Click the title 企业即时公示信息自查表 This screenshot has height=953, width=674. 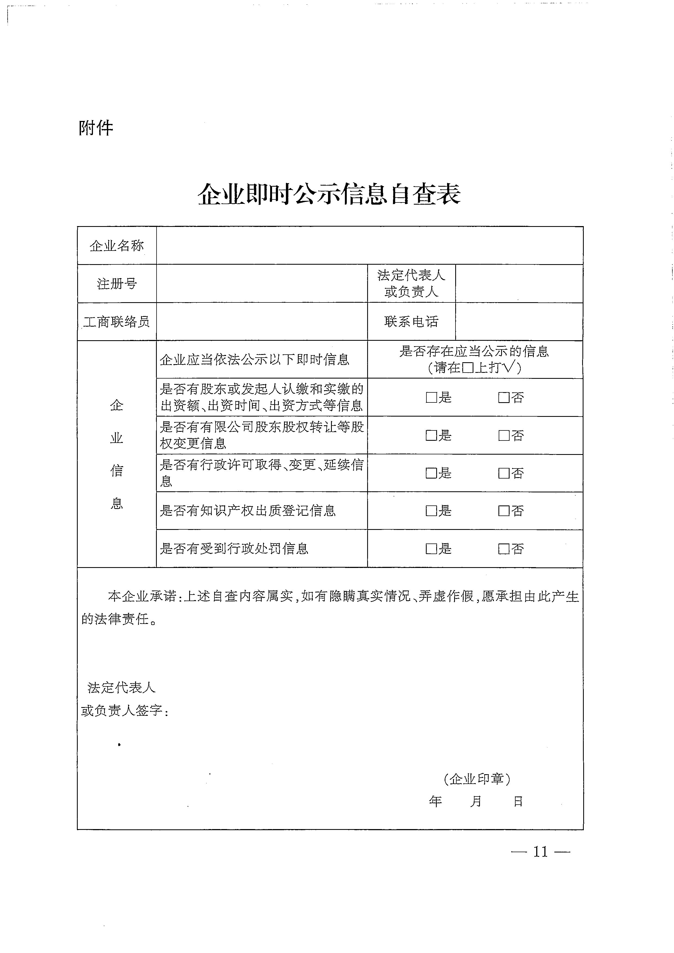(329, 194)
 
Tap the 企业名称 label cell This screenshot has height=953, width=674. (117, 246)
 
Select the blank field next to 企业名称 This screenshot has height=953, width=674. (369, 246)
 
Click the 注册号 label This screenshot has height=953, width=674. (117, 284)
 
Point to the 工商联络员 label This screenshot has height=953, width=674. (117, 322)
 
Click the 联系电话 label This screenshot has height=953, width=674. (411, 322)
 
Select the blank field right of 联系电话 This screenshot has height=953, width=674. (519, 322)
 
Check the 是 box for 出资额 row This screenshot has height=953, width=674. (431, 398)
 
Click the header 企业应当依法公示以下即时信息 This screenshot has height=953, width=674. (254, 360)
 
